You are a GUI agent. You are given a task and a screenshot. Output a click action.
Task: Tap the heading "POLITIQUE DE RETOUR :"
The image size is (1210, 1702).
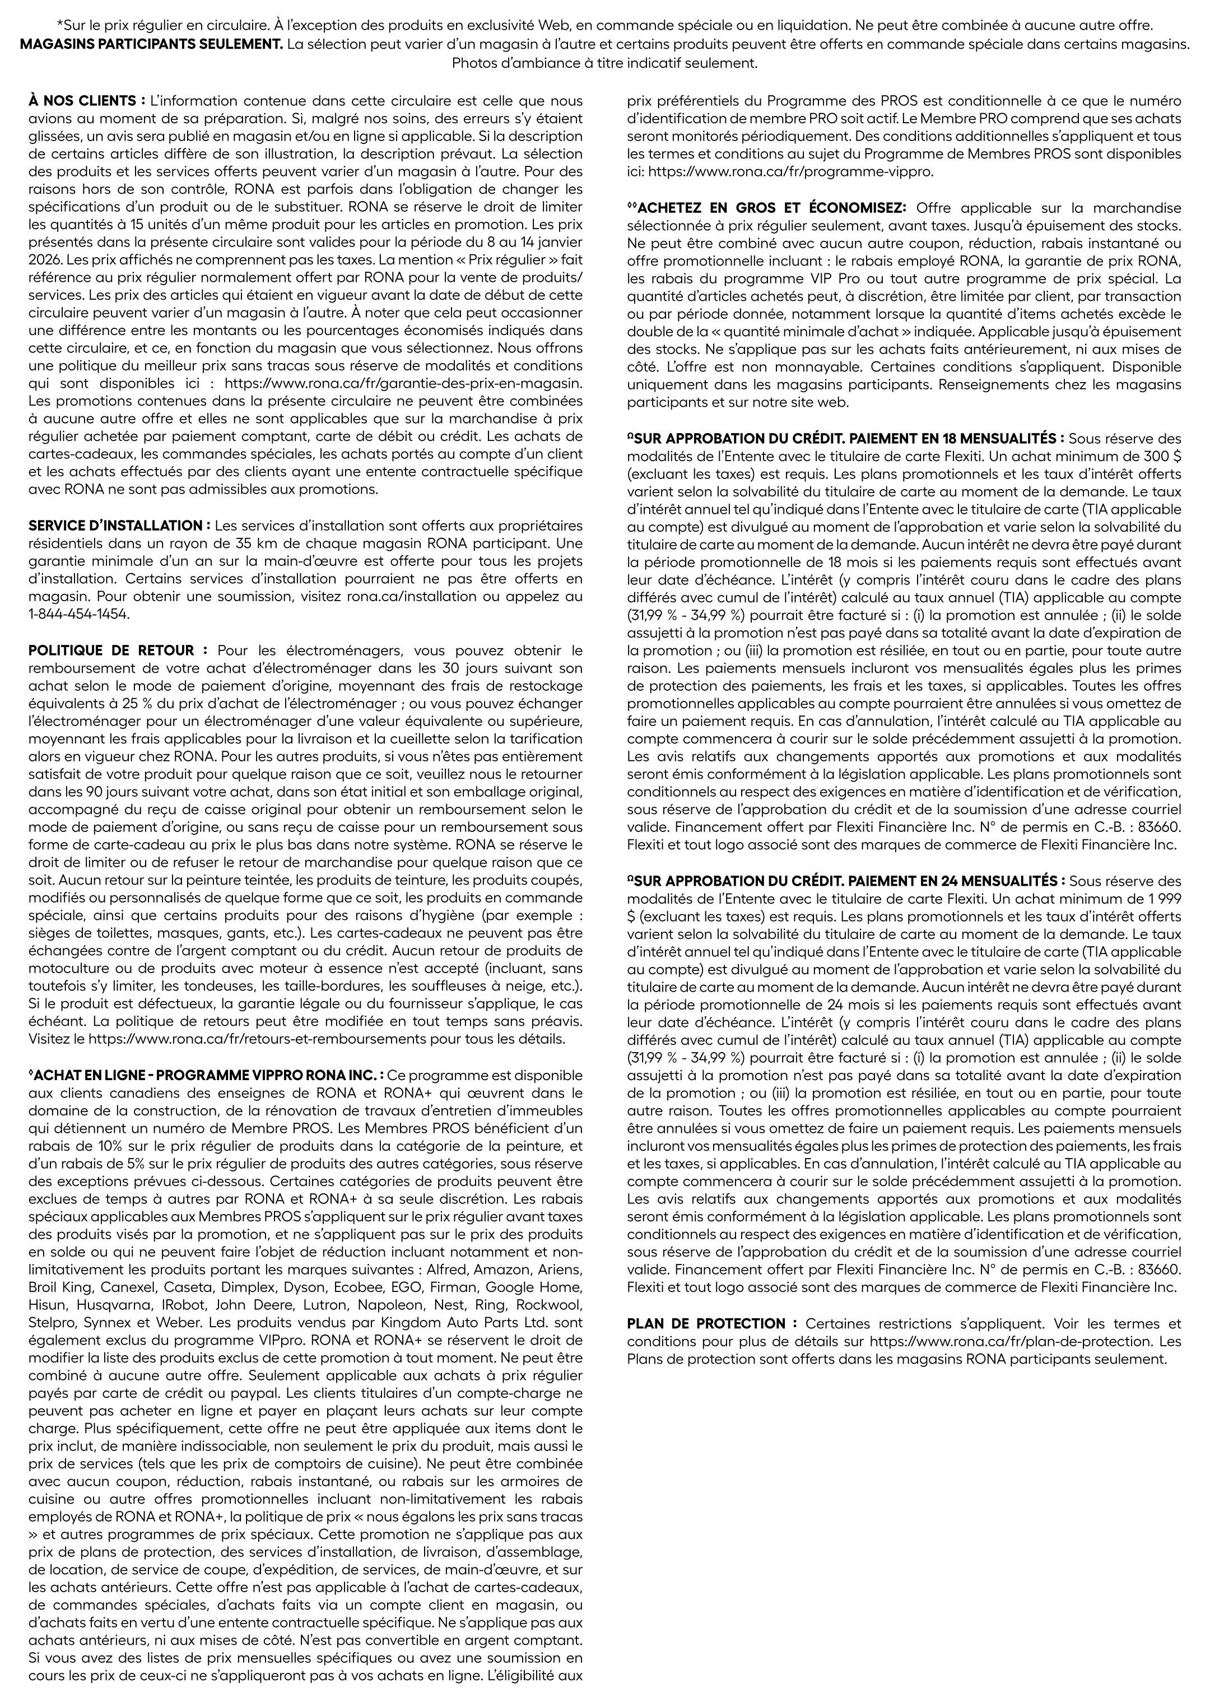pyautogui.click(x=118, y=650)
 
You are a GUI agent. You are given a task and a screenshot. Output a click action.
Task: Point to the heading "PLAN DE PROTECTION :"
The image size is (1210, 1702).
pyautogui.click(x=711, y=1323)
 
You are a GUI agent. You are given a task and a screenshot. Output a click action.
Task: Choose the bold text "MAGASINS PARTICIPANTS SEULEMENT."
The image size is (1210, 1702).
pyautogui.click(x=151, y=44)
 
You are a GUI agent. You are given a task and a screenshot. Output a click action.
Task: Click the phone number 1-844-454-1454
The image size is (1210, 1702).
pyautogui.click(x=79, y=614)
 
